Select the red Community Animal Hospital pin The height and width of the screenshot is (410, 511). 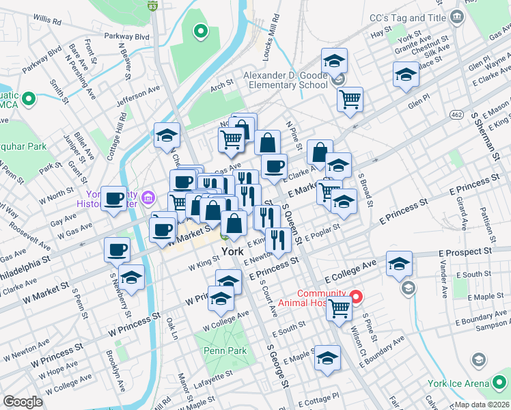tap(355, 297)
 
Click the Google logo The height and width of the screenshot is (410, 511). tap(23, 401)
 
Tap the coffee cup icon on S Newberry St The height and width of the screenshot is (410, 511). tap(116, 249)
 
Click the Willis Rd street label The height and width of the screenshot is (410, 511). tap(66, 22)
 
